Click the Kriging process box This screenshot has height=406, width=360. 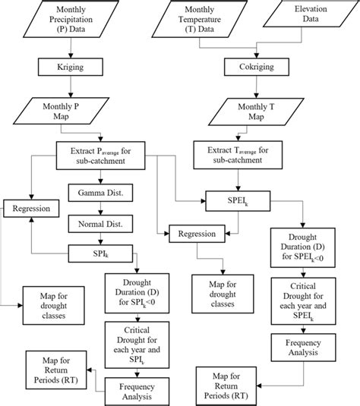tap(70, 67)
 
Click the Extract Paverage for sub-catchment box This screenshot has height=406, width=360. tap(100, 155)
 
